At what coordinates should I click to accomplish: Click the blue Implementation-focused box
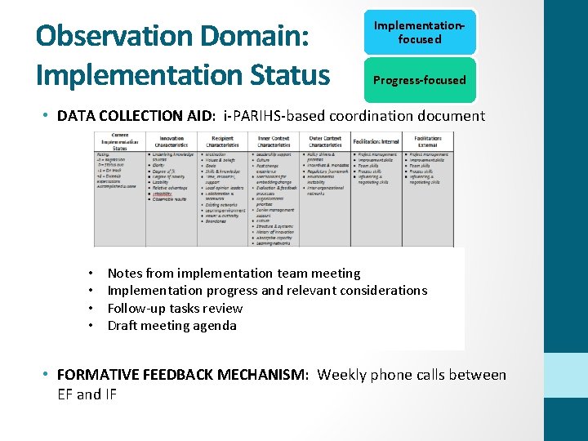point(419,33)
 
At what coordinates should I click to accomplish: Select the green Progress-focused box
point(419,80)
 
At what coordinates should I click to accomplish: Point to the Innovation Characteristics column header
point(171,141)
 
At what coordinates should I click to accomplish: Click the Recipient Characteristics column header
point(222,141)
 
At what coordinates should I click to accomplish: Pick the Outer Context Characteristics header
point(325,141)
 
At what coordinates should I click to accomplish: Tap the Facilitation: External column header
point(428,141)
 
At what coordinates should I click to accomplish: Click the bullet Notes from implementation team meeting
point(234,273)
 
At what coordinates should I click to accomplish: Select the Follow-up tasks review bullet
point(175,308)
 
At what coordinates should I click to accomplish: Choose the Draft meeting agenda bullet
point(171,325)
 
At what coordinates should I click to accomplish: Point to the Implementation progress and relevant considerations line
point(267,290)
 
